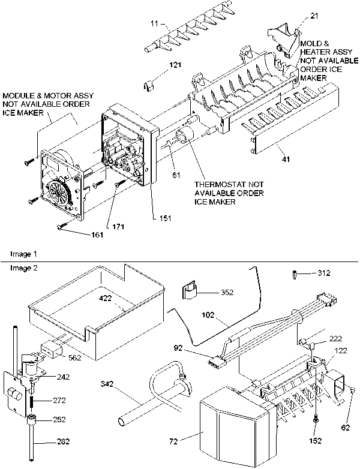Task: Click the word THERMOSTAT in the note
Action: click(218, 184)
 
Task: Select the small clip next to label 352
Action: click(190, 292)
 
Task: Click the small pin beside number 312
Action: click(295, 273)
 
